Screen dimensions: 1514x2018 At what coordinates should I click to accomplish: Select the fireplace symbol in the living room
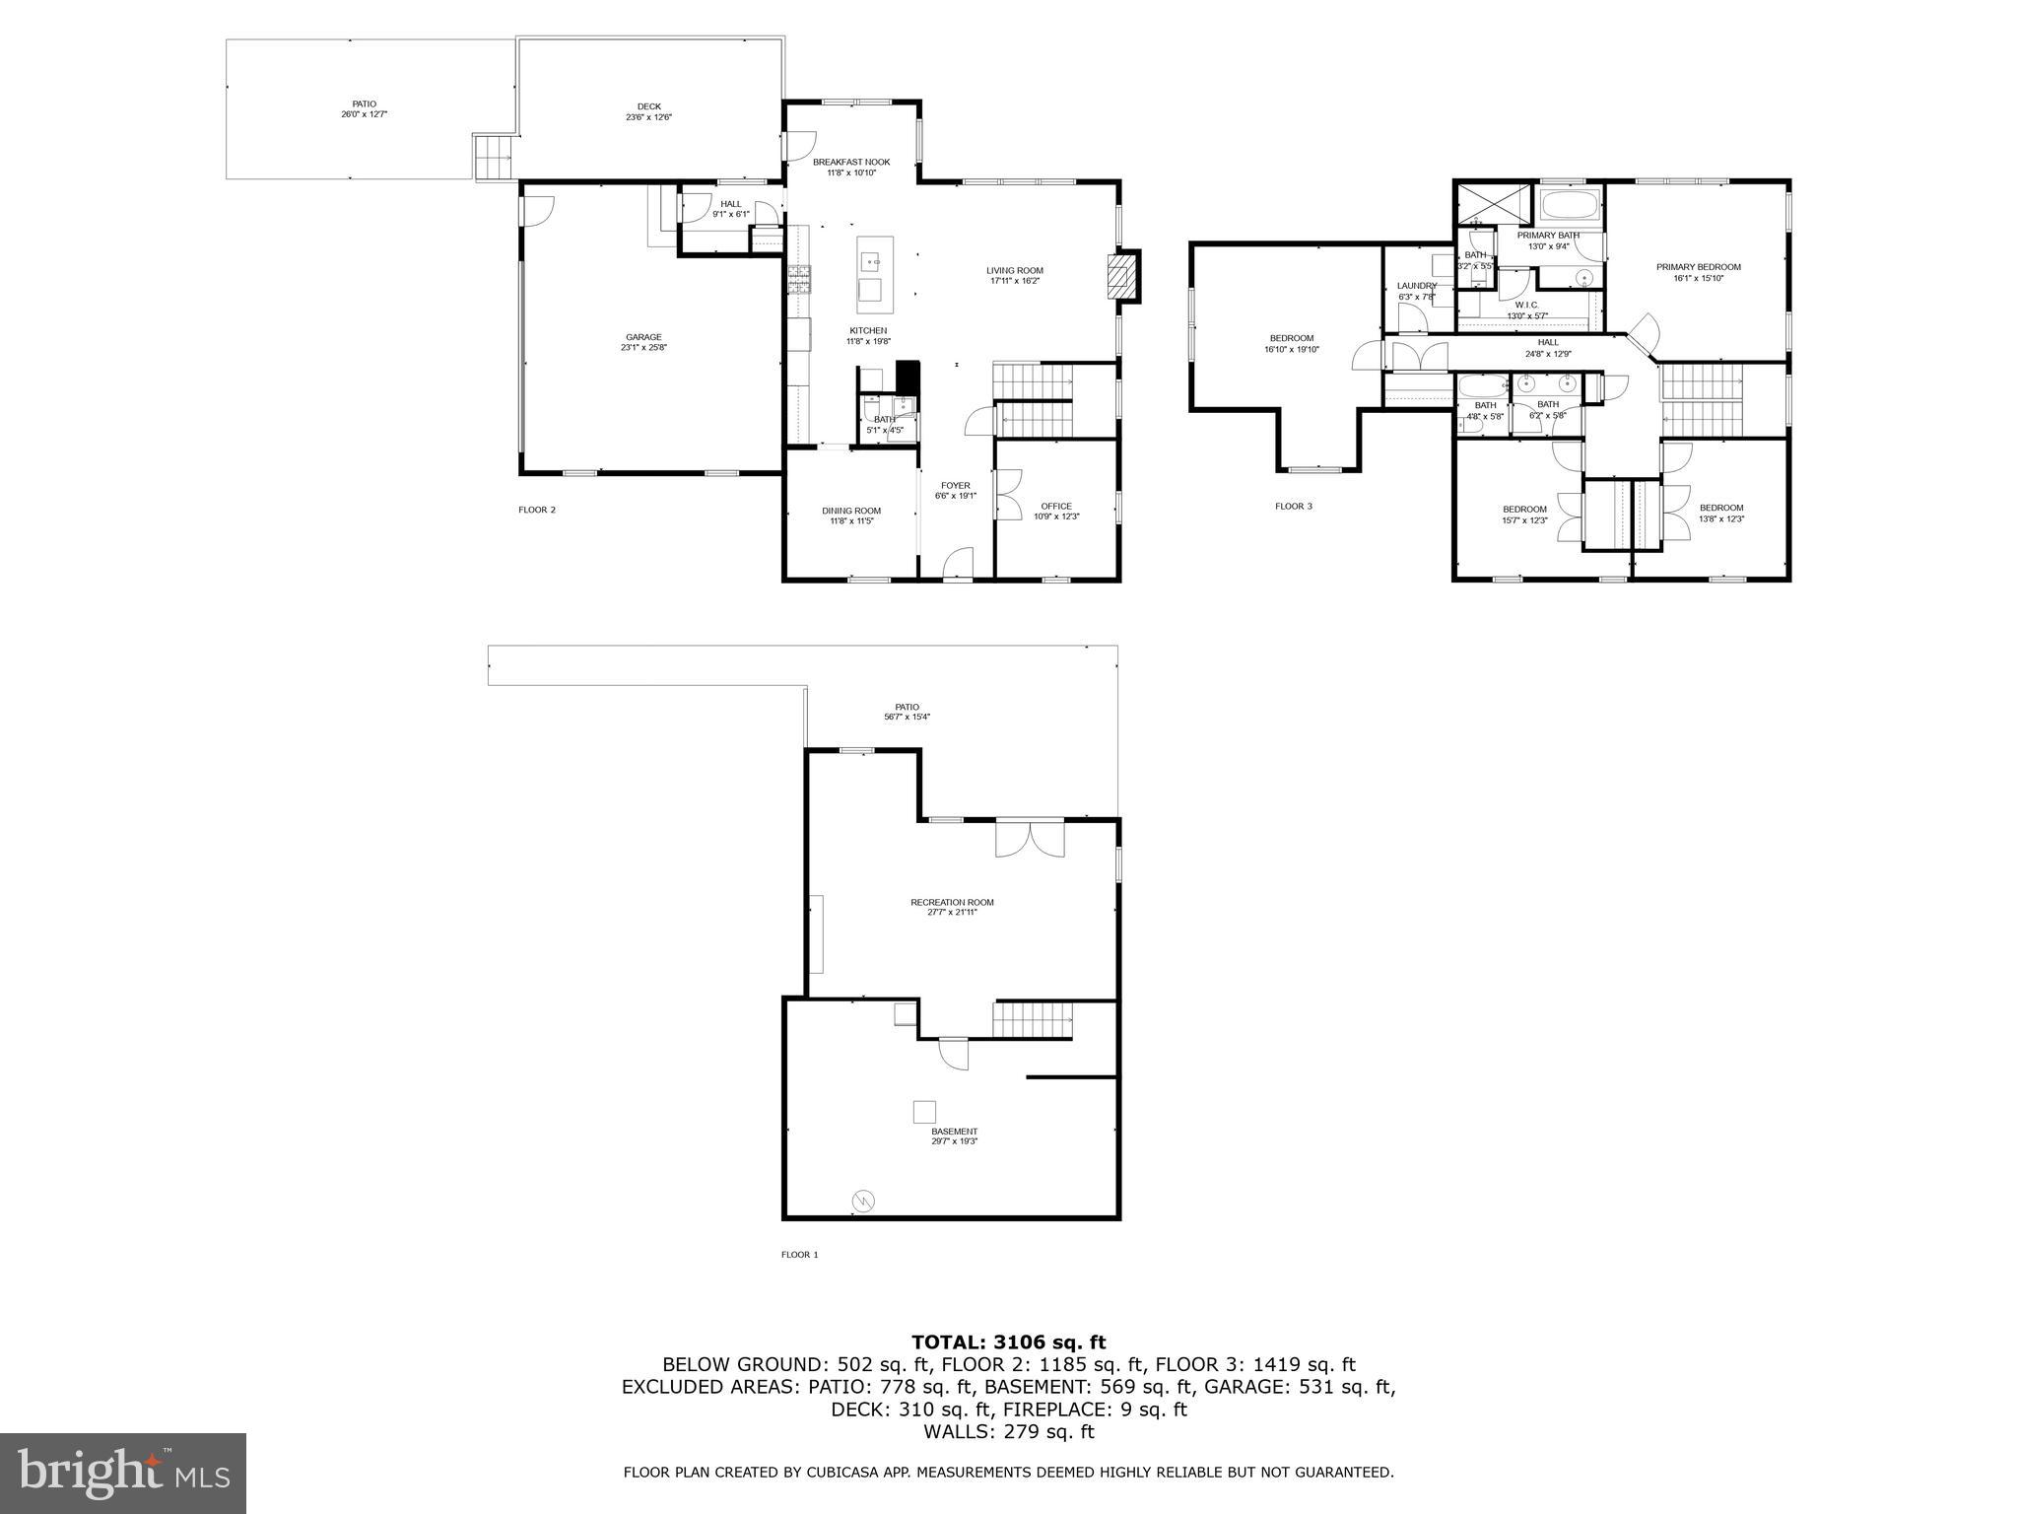pyautogui.click(x=1121, y=276)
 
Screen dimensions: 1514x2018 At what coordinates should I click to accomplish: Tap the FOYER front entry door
pyautogui.click(x=957, y=565)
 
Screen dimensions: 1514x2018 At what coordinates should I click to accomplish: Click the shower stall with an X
pyautogui.click(x=1494, y=204)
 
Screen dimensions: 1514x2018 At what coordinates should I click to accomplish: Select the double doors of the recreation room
pyautogui.click(x=1030, y=840)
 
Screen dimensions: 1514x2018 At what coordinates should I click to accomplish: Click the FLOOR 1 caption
pyautogui.click(x=799, y=1255)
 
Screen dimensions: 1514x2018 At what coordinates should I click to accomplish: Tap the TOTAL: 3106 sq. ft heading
pyautogui.click(x=1008, y=1342)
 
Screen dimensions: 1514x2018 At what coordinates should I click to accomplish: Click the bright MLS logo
pyautogui.click(x=123, y=1474)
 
